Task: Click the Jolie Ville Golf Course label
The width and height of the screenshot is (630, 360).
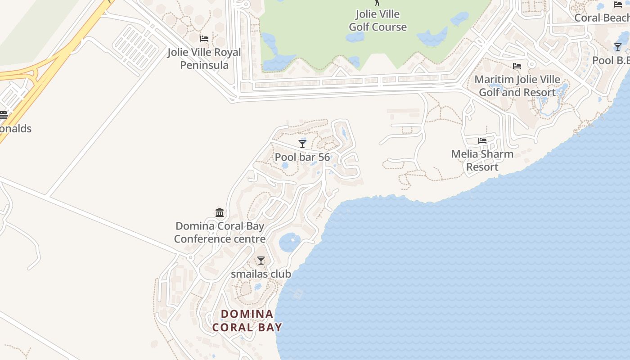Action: [x=378, y=21]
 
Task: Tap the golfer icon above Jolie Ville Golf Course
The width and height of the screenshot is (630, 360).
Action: [x=377, y=2]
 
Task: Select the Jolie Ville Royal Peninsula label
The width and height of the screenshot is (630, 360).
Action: [x=204, y=58]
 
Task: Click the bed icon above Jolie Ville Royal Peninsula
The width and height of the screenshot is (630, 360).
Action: [x=204, y=39]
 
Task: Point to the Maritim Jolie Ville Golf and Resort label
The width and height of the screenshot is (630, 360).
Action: [x=517, y=86]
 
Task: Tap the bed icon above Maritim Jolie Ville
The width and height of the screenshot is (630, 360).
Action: [x=517, y=66]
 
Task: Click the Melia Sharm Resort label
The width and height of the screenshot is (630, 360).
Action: [x=482, y=160]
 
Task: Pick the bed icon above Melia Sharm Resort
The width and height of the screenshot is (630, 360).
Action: [x=482, y=141]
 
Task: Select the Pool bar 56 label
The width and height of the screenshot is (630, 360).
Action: [x=302, y=157]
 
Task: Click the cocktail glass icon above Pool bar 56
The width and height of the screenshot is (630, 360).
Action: [x=302, y=144]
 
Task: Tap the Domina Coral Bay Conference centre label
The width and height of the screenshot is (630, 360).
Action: [x=220, y=232]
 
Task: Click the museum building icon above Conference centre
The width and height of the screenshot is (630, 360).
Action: [x=220, y=212]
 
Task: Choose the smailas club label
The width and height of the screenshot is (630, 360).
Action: [x=261, y=274]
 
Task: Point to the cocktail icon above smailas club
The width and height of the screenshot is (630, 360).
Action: [x=261, y=261]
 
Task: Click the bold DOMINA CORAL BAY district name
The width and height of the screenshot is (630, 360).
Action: [x=247, y=321]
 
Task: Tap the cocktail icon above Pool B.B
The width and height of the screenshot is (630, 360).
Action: [x=618, y=47]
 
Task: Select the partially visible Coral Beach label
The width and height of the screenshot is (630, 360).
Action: [x=602, y=18]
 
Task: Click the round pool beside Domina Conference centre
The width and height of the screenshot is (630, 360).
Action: [x=289, y=243]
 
